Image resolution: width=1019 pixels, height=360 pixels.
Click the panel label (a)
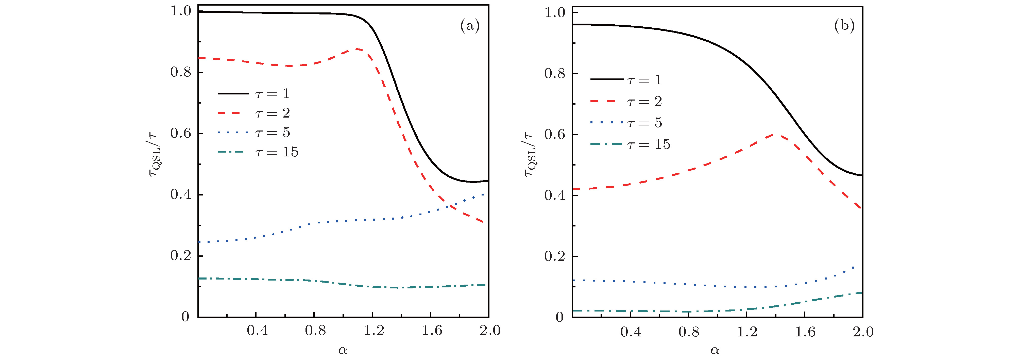pyautogui.click(x=470, y=26)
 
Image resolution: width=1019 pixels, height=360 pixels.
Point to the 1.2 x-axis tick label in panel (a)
pyautogui.click(x=373, y=330)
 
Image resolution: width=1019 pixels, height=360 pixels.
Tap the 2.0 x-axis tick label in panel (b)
pyautogui.click(x=863, y=332)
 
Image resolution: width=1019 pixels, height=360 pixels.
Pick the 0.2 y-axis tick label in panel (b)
pyautogui.click(x=554, y=256)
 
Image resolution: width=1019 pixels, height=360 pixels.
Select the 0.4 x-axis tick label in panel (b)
pyautogui.click(x=631, y=332)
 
